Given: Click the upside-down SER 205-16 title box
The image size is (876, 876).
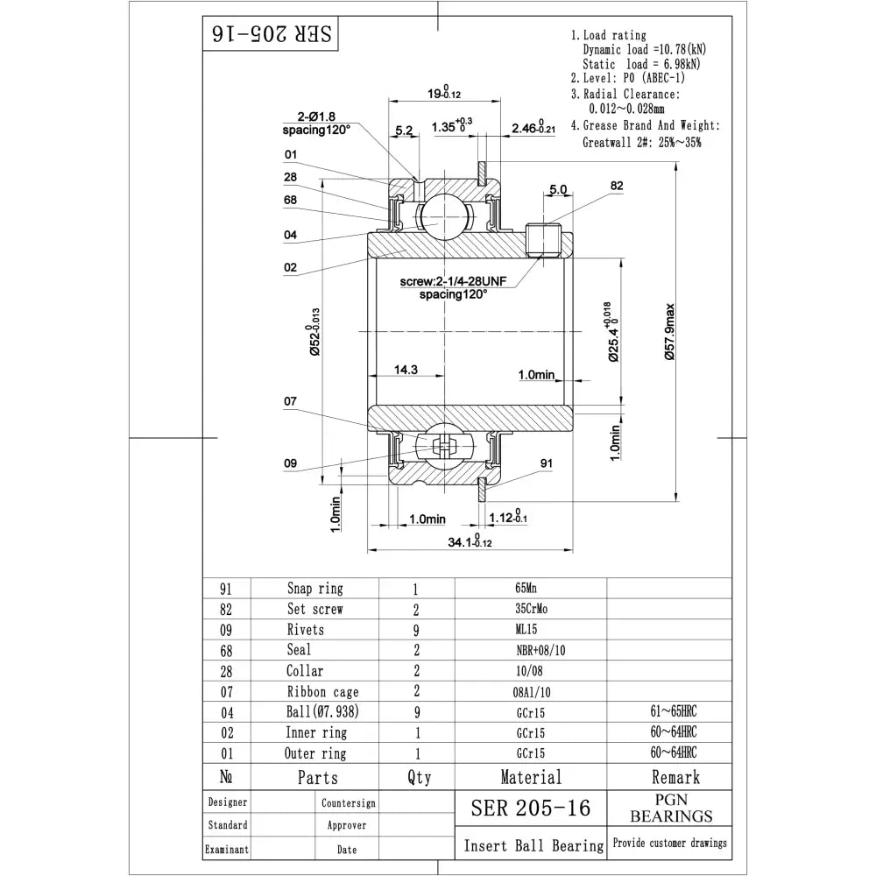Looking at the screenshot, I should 271,33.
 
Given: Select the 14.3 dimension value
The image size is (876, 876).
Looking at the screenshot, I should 406,371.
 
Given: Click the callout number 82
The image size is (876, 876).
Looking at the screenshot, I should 617,186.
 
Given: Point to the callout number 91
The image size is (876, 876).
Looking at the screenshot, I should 547,464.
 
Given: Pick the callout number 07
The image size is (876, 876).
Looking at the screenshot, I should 291,402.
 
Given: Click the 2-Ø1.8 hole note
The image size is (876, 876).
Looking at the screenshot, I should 316,117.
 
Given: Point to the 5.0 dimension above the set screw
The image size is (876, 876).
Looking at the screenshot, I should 557,189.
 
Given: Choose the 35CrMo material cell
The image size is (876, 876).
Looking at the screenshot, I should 531,609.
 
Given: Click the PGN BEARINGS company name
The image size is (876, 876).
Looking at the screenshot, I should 671,807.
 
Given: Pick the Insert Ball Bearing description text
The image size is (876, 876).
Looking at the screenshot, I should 533,845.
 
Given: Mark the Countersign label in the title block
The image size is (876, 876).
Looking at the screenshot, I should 348,802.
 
